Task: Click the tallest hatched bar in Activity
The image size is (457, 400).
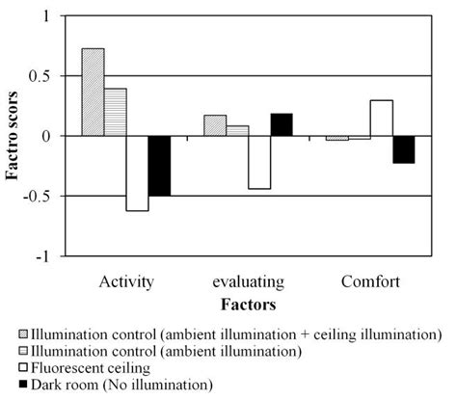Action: [x=93, y=93]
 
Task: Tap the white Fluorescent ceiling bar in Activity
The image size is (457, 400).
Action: [x=137, y=173]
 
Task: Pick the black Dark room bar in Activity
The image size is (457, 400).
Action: [x=158, y=166]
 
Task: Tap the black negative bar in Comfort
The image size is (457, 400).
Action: [x=403, y=149]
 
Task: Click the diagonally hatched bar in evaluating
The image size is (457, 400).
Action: [x=215, y=125]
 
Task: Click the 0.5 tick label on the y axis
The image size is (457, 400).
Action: [x=41, y=76]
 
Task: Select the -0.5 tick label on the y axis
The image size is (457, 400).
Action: [x=40, y=197]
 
